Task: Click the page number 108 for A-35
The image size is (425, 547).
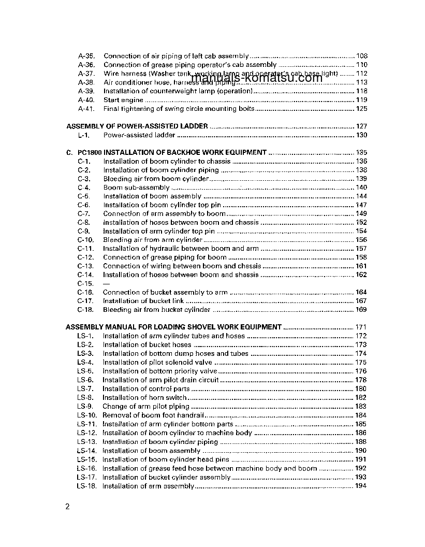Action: tap(361, 56)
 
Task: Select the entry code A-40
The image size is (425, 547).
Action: tap(86, 100)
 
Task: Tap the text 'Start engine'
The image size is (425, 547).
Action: tap(123, 100)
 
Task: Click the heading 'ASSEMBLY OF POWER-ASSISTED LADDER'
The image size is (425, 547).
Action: tap(137, 126)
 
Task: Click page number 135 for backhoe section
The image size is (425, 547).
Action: tap(361, 153)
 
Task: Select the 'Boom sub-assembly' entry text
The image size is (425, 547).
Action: tap(136, 188)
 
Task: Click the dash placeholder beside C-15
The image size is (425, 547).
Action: tap(106, 284)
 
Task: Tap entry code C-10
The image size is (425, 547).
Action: tap(85, 240)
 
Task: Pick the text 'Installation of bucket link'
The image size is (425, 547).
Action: tap(146, 301)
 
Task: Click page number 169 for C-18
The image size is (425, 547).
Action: tap(361, 310)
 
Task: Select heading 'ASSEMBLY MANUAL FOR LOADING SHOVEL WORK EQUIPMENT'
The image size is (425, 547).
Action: tap(173, 327)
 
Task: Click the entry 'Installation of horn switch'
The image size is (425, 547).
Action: tap(144, 397)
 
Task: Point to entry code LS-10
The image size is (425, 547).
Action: tap(86, 415)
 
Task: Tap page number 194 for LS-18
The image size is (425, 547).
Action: tap(361, 486)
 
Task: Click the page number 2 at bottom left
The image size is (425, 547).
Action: tap(67, 506)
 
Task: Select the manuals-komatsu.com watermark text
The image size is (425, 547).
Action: tap(257, 78)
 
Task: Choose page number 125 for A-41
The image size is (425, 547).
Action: tap(361, 109)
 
